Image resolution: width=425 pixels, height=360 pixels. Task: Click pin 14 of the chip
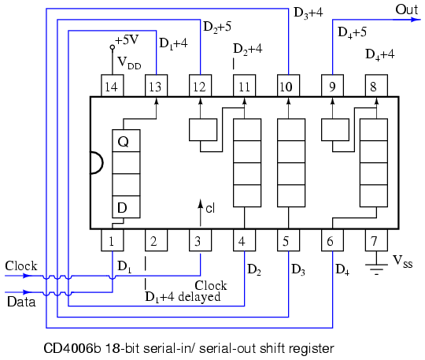pos(113,85)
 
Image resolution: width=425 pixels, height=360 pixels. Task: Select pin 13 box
pos(156,85)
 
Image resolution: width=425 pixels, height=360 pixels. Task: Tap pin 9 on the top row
pos(332,85)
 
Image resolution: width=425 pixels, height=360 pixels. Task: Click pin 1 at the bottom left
pos(113,240)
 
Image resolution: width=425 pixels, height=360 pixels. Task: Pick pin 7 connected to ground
pos(376,240)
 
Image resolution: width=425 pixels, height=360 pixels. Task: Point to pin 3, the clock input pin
pos(200,240)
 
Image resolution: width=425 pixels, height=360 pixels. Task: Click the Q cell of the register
pos(126,140)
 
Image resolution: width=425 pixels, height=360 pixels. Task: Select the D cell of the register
pos(126,206)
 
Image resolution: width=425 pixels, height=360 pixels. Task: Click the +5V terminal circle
pos(113,47)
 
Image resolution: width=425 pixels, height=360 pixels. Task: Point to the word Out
pos(406,9)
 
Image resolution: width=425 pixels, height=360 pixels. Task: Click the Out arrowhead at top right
pos(416,20)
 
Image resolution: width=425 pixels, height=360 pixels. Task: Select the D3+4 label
pos(309,13)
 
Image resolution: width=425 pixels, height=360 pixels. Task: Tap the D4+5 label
pos(352,32)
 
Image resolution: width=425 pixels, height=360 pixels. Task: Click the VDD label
pos(129,63)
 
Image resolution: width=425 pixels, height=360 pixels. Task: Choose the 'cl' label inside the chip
pos(210,208)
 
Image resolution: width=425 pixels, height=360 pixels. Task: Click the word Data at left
pos(21,302)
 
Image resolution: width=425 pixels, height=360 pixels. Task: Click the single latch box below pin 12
pos(203,130)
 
